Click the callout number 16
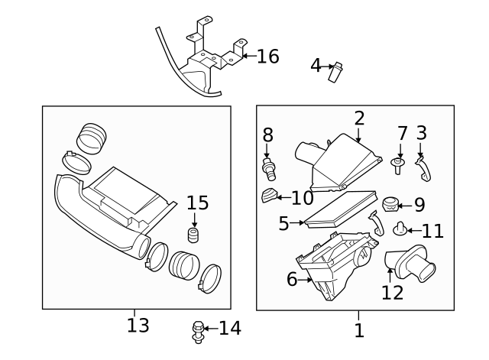(267, 57)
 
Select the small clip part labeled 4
(334, 72)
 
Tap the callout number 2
(359, 118)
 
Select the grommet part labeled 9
(392, 205)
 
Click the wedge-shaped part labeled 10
(268, 196)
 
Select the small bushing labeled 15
(193, 234)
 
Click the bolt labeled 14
(197, 331)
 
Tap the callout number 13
(138, 325)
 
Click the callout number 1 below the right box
(359, 330)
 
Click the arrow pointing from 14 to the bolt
(212, 329)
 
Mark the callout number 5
(283, 224)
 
